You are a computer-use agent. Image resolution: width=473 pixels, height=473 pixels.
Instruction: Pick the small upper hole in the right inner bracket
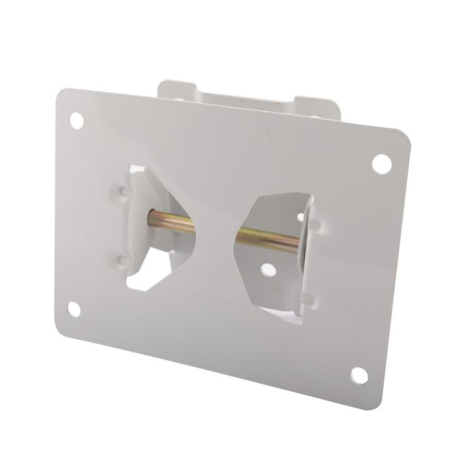pyautogui.click(x=300, y=217)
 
